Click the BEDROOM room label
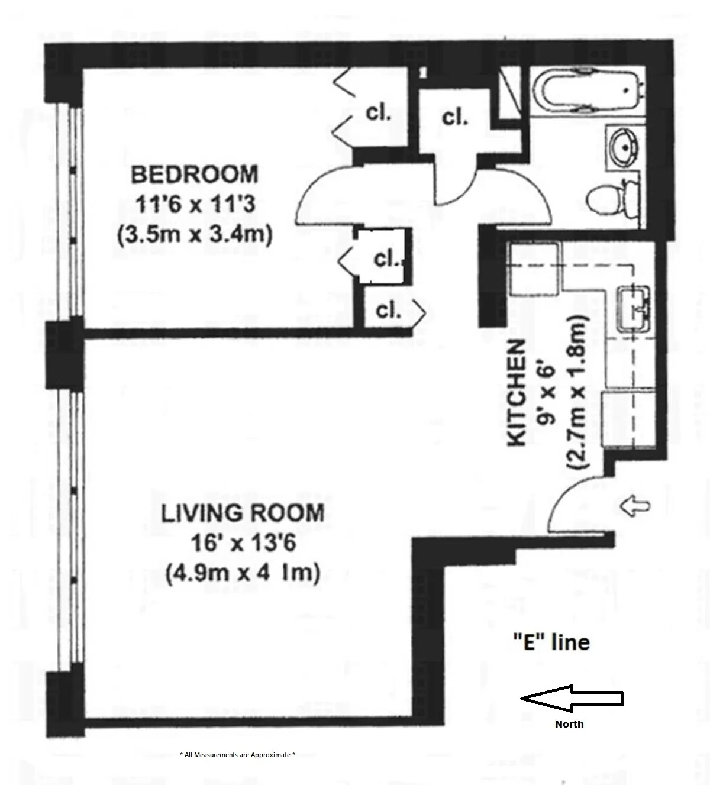pos(195,175)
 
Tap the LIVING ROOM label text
pos(243,512)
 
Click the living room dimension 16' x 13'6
pos(243,542)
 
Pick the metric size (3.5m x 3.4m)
pos(195,235)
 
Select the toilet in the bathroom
pos(612,196)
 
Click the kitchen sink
pos(634,309)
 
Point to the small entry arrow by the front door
pos(635,506)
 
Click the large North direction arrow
pos(572,699)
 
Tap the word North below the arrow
pos(569,724)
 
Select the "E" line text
pos(551,642)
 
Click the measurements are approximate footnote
pos(237,755)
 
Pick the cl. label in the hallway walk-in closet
pos(454,117)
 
